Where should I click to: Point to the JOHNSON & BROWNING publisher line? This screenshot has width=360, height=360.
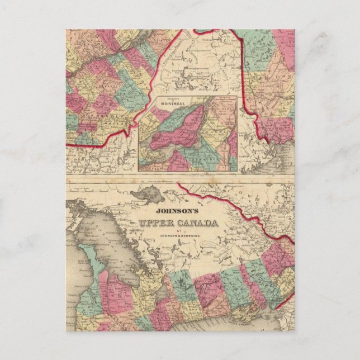pos(178,238)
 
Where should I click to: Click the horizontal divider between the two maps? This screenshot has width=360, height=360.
pos(179,178)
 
